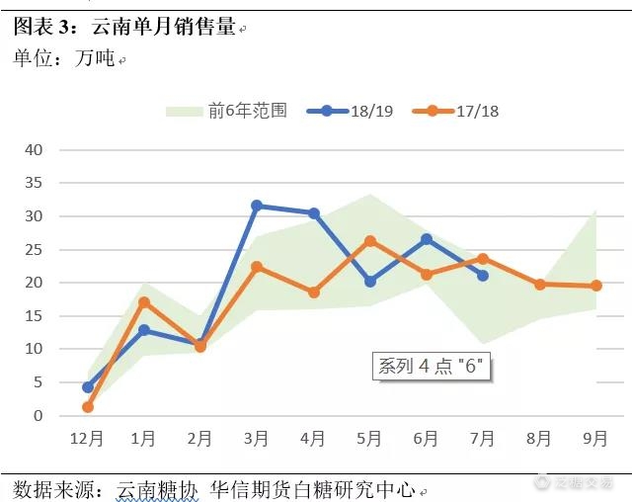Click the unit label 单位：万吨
pos(64,59)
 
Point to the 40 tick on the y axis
pos(35,150)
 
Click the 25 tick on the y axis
pos(35,250)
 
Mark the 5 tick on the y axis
pos(38,382)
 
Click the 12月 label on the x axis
pos(87,439)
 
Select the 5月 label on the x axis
pos(369,439)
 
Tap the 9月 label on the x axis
pos(595,439)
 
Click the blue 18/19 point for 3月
pos(257,206)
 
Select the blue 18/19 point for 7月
pos(482,276)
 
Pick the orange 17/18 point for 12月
pos(88,406)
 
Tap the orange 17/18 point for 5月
pos(369,241)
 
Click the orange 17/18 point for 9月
pos(595,286)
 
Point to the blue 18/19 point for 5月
pos(369,282)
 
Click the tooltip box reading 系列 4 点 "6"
pos(432,367)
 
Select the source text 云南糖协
pos(158,488)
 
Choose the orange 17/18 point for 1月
pos(144,302)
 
